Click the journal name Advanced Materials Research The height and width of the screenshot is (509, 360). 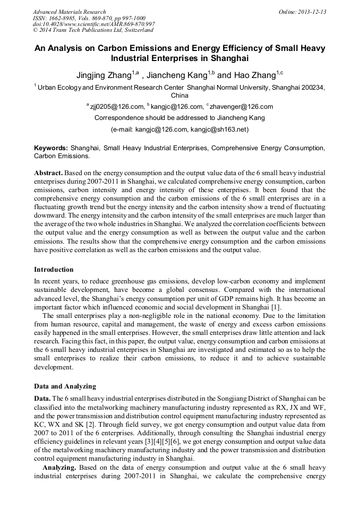pyautogui.click(x=69, y=12)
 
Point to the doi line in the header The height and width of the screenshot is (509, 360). pyautogui.click(x=93, y=24)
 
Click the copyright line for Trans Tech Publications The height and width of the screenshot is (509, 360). pyautogui.click(x=93, y=30)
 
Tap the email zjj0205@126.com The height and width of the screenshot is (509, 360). pyautogui.click(x=117, y=107)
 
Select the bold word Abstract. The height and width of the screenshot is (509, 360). pyautogui.click(x=48, y=173)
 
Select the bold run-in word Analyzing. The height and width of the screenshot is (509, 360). pyautogui.click(x=60, y=467)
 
